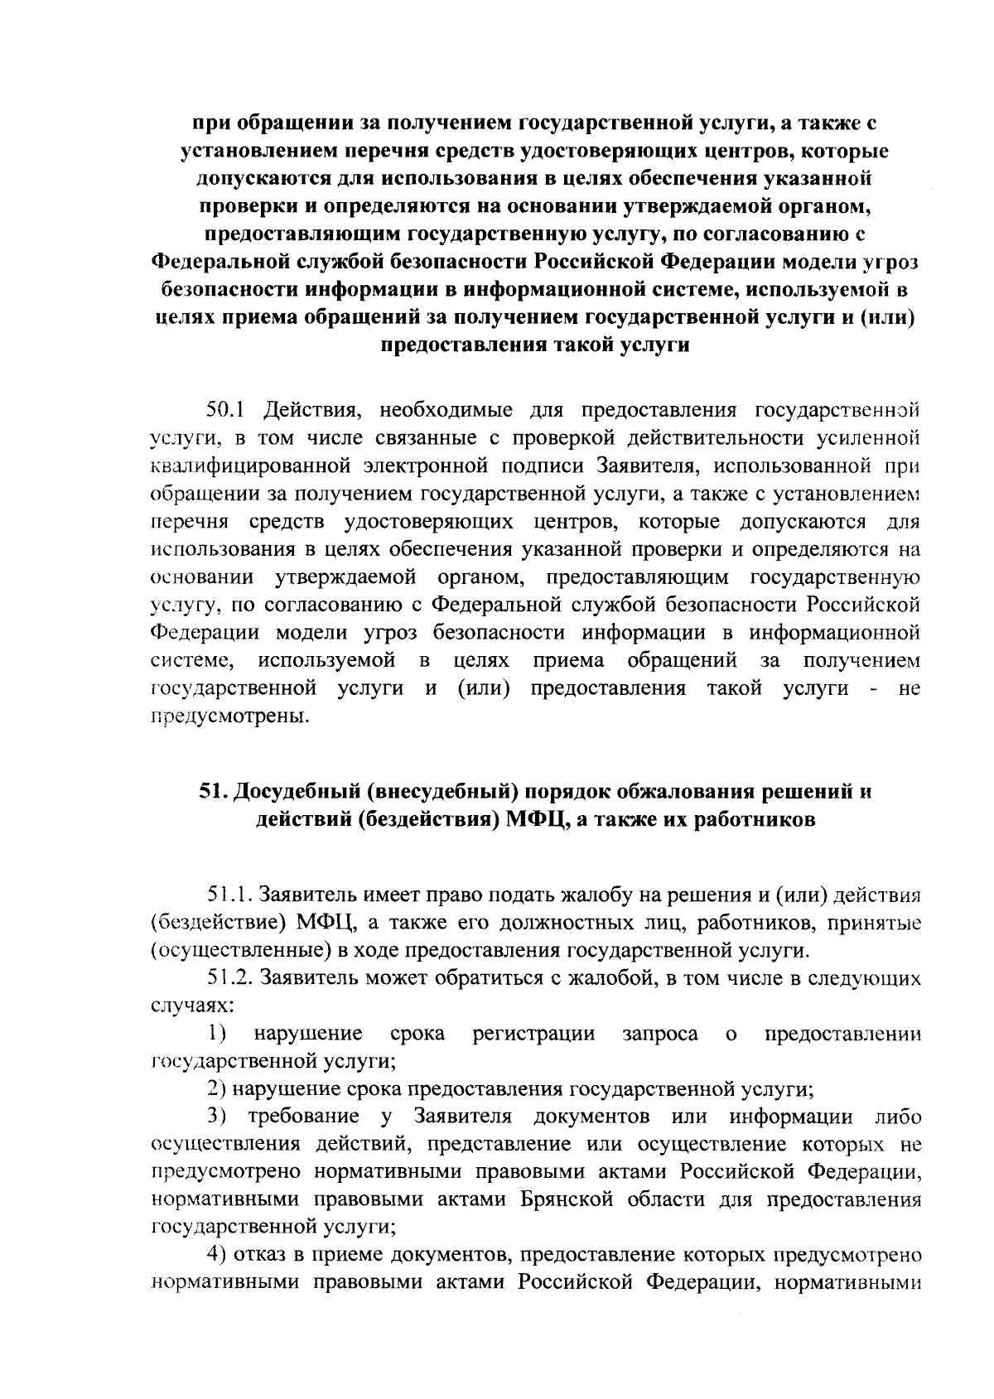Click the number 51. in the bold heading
tap(213, 792)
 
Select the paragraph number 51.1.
tap(230, 895)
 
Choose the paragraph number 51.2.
tap(230, 978)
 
